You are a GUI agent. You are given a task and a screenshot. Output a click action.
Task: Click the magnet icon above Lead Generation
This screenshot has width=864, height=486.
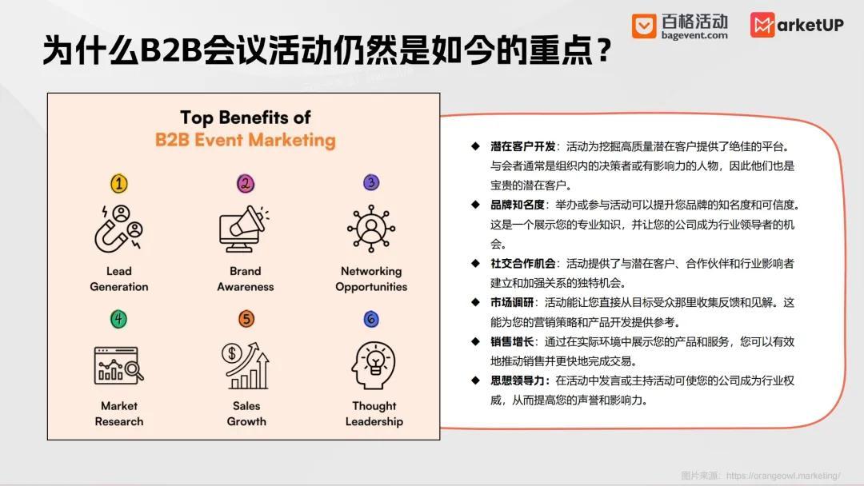[118, 229]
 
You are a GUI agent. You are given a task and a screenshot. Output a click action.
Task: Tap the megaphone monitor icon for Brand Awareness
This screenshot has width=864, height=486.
[245, 229]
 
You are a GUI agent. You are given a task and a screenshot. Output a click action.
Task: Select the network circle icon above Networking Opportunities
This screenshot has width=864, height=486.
[371, 229]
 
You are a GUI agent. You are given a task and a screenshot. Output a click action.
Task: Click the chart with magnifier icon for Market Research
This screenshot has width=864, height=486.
[118, 364]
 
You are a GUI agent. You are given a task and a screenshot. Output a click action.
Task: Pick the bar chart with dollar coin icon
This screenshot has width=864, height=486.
[246, 364]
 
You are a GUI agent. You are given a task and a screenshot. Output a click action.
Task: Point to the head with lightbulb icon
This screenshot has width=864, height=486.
[373, 364]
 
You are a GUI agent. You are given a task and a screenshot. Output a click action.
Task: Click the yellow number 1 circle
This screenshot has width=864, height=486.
[118, 184]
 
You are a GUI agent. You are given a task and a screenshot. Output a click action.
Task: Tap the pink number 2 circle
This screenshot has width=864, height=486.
[246, 184]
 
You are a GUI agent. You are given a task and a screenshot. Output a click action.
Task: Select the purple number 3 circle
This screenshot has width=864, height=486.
[371, 183]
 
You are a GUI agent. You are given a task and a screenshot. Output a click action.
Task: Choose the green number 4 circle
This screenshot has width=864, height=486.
[118, 320]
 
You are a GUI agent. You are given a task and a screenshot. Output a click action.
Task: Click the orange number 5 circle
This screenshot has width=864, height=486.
[246, 320]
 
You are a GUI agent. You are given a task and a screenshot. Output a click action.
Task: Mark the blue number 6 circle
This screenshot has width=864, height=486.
[371, 320]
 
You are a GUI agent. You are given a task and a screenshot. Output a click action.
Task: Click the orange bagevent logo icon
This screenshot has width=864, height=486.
[643, 26]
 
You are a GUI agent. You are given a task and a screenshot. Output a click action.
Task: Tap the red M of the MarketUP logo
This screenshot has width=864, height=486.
[762, 25]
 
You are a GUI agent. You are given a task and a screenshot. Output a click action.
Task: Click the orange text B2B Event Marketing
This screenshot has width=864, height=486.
[245, 141]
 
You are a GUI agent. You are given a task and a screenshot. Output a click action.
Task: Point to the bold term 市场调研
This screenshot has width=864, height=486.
[512, 303]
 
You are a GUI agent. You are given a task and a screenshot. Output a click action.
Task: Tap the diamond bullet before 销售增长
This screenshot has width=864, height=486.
[474, 342]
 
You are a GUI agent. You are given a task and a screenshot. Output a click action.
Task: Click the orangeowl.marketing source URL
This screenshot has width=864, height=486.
[783, 475]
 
